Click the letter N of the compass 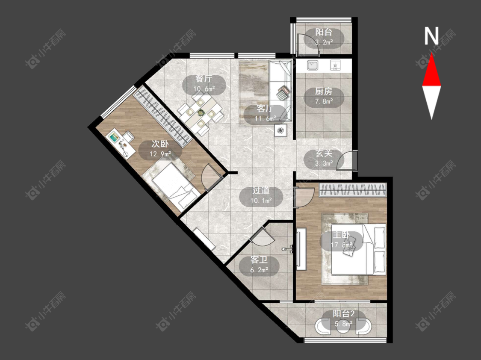click(x=431, y=36)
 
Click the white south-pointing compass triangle click(x=431, y=100)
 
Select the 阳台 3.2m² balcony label click(x=324, y=37)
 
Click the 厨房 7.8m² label click(x=324, y=96)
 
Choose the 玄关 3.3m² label click(x=324, y=158)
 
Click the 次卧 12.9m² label click(x=160, y=148)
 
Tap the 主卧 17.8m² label click(x=341, y=240)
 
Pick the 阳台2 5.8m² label click(x=344, y=318)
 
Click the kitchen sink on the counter click(x=313, y=65)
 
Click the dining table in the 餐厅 click(x=201, y=113)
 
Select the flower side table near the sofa click(x=280, y=130)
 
